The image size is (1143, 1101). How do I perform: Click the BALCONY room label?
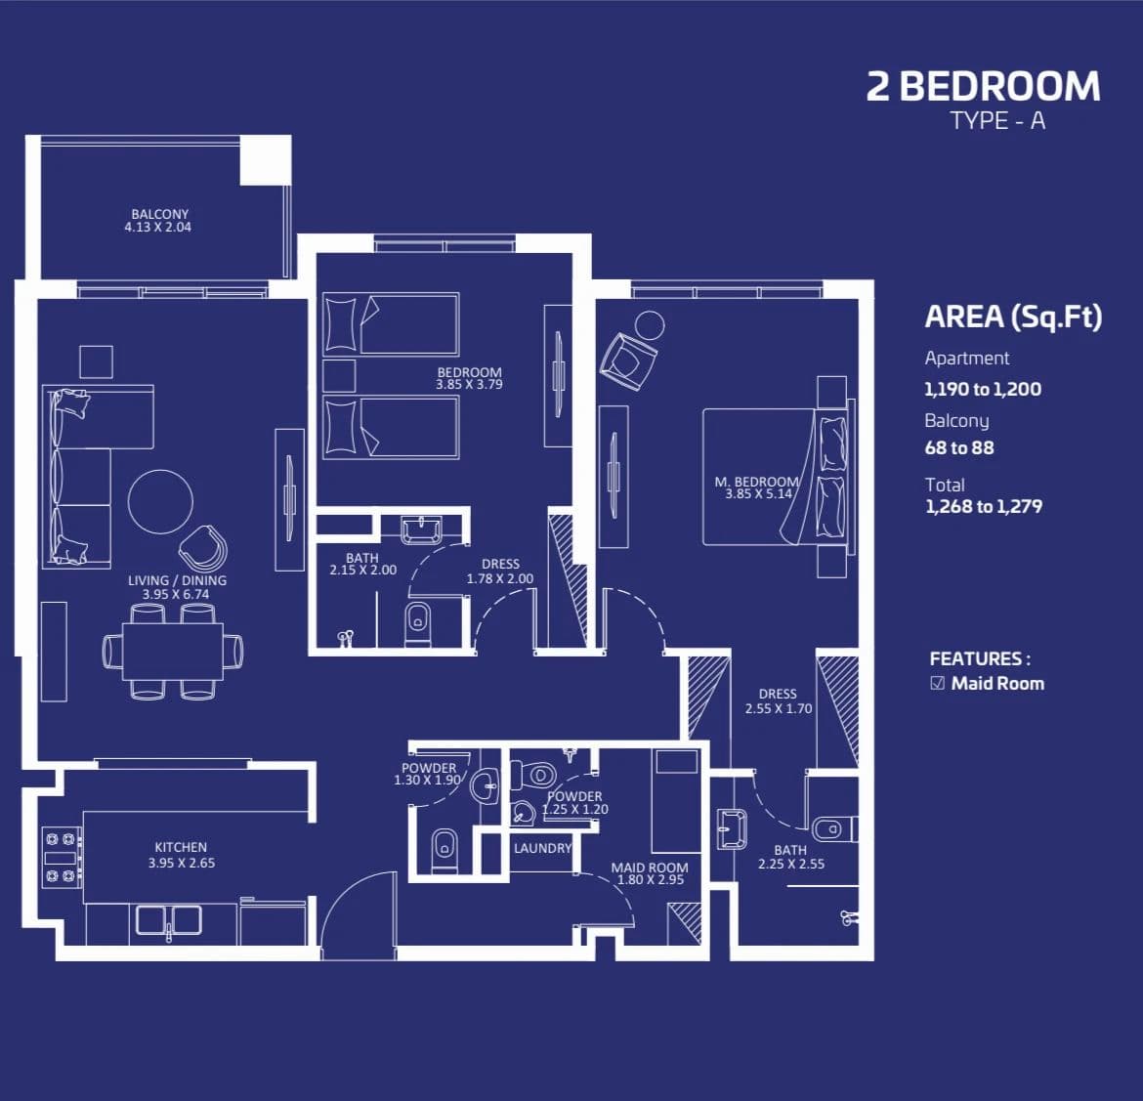point(159,214)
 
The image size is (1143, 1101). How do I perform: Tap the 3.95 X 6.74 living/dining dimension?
point(176,594)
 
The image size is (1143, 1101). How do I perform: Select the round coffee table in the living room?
point(160,501)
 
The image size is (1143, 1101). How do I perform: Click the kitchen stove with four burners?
point(62,857)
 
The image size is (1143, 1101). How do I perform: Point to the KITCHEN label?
point(181,847)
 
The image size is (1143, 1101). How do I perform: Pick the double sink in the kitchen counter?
point(168,921)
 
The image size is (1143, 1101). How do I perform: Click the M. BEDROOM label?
point(757,482)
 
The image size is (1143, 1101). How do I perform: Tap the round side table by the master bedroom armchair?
point(649,324)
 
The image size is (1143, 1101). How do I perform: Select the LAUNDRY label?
point(542,848)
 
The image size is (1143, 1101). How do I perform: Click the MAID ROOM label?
point(650,868)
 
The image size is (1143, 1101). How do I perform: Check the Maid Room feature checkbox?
point(938,683)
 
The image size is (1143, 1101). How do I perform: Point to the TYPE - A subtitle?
point(997,120)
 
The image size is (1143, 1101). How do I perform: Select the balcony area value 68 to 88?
point(959,447)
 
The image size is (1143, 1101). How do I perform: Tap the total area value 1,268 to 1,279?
point(984,506)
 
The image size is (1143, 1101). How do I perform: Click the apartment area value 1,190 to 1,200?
point(983,390)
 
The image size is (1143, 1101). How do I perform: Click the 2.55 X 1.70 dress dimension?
point(778,708)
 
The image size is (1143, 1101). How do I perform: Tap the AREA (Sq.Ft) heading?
point(1013,318)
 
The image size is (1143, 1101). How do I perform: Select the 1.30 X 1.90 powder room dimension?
point(427,781)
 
